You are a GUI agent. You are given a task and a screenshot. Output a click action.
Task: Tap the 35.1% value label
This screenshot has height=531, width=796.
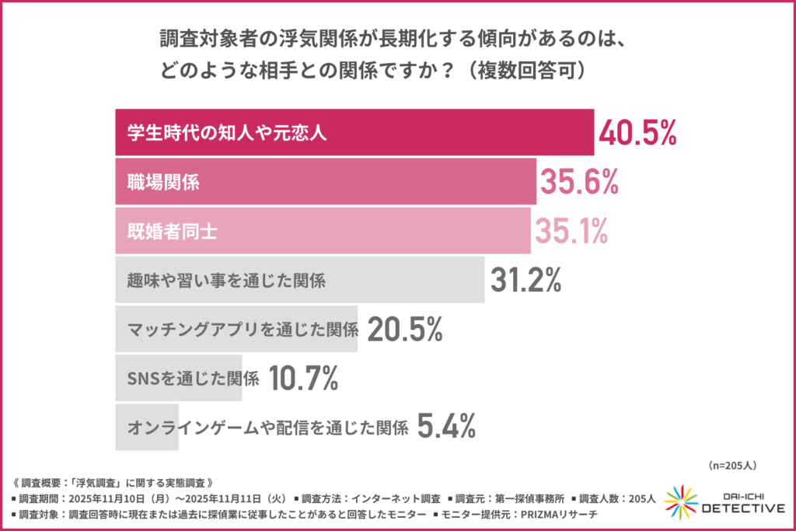(571, 231)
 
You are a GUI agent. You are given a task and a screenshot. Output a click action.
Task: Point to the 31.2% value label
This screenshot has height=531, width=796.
(526, 280)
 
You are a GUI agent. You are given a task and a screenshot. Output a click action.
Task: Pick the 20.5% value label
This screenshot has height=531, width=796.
(405, 330)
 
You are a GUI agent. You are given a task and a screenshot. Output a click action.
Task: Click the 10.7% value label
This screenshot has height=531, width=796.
(303, 378)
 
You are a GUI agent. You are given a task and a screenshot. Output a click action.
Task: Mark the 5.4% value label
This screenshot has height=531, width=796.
(446, 426)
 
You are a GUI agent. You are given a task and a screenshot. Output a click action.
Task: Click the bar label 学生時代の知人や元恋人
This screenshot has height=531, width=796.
(226, 133)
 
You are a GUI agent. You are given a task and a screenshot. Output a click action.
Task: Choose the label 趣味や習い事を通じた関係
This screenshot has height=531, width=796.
(225, 280)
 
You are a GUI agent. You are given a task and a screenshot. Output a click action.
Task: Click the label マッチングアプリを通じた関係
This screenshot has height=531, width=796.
(242, 330)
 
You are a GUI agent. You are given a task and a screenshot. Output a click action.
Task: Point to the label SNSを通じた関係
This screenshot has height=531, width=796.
(192, 378)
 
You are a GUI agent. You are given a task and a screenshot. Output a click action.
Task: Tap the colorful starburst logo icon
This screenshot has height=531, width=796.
(679, 502)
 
